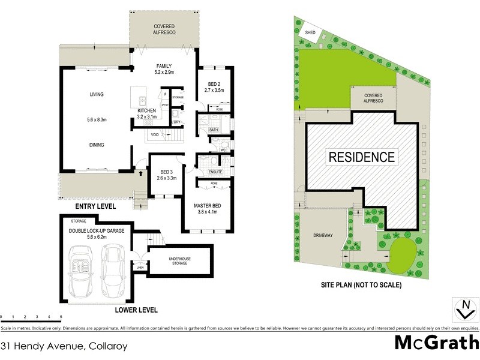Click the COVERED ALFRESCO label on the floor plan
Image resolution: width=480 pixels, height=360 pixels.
(x=164, y=30)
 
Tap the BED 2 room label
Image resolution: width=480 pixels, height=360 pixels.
(x=214, y=87)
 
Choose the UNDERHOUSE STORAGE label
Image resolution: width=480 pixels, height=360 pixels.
(x=180, y=260)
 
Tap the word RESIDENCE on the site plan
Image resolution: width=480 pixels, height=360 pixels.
(x=361, y=158)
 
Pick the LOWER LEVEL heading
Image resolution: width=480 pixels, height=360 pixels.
(x=136, y=310)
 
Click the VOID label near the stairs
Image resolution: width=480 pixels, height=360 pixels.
(x=154, y=134)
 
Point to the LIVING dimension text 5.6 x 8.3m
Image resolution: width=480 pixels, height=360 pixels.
(x=96, y=120)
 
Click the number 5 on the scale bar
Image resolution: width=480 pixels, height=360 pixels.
(x=61, y=316)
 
